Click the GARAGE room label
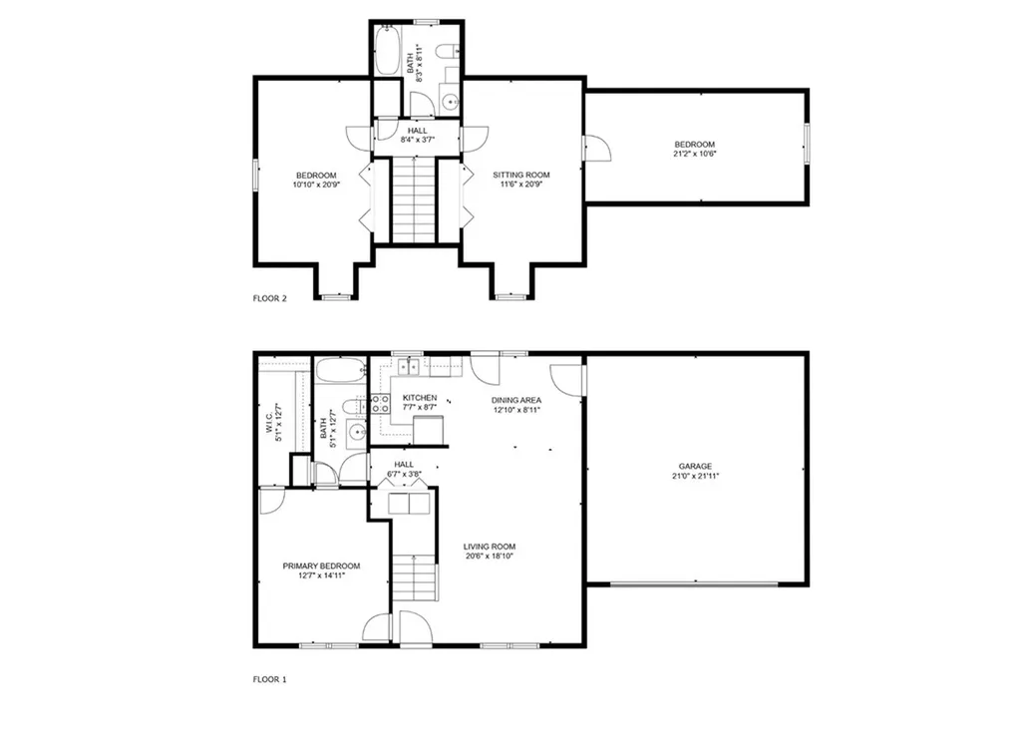coord(695,467)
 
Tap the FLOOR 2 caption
coord(269,299)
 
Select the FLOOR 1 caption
coord(269,679)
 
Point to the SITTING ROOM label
coord(520,175)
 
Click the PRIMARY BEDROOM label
coord(321,566)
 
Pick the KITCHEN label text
coord(420,398)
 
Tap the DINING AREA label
coord(516,400)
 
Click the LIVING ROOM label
coord(490,547)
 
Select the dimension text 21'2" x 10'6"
coord(695,154)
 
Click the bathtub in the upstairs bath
coord(387,50)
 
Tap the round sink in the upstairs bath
coord(450,103)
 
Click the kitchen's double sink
coord(408,367)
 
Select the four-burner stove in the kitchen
coord(380,403)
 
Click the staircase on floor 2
coord(413,200)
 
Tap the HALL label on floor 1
coord(404,465)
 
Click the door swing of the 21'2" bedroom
coord(598,148)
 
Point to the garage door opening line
coord(694,584)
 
